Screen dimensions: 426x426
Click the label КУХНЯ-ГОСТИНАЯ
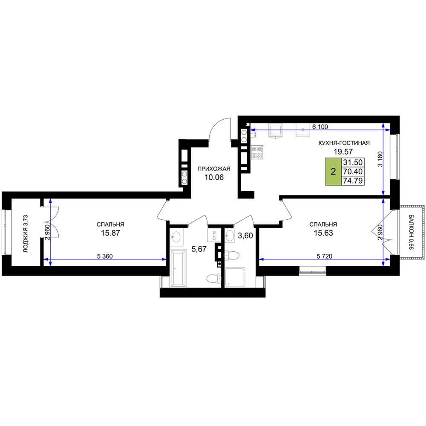[344, 143]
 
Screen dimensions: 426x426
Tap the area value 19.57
[343, 152]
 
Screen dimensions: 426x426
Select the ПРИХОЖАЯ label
[214, 169]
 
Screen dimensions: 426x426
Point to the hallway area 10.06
[214, 177]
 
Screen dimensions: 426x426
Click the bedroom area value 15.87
[111, 233]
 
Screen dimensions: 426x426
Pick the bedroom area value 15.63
[323, 233]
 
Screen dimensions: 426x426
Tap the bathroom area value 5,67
[199, 249]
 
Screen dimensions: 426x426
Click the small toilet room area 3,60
[245, 236]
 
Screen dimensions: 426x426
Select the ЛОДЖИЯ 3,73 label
[26, 233]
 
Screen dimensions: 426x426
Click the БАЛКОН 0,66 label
[411, 232]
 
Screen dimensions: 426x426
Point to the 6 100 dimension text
[320, 127]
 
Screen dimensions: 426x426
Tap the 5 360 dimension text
[105, 256]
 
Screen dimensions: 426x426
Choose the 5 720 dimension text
[324, 256]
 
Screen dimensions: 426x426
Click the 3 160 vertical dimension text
[380, 159]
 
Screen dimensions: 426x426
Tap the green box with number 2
[334, 172]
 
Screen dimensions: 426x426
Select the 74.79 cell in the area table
[353, 181]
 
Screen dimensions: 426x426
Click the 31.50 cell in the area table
[353, 162]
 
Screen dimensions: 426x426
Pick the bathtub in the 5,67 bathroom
[178, 269]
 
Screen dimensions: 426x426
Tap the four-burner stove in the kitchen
[257, 152]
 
